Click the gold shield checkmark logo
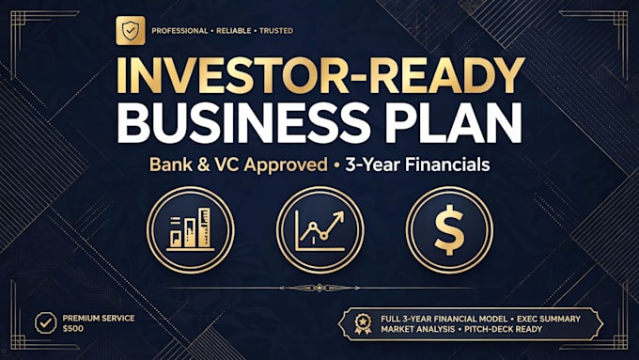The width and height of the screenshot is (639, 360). tap(131, 31)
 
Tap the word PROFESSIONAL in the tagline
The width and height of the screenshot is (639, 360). tap(179, 31)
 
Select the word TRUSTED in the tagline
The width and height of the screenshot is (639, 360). tap(276, 31)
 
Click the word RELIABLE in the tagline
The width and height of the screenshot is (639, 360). tap(233, 31)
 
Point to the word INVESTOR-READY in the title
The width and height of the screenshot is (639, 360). tap(319, 76)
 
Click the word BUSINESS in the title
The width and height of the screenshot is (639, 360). tap(243, 123)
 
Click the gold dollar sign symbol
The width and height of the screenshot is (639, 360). tap(449, 230)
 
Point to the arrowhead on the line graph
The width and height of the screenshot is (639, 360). tap(339, 216)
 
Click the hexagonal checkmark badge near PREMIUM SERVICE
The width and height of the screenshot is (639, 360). tap(46, 323)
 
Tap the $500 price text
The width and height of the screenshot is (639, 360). tap(73, 329)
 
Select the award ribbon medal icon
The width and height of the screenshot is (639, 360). tap(363, 323)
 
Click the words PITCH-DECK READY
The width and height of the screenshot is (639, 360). tap(504, 329)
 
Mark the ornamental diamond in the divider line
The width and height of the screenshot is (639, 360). tap(319, 288)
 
